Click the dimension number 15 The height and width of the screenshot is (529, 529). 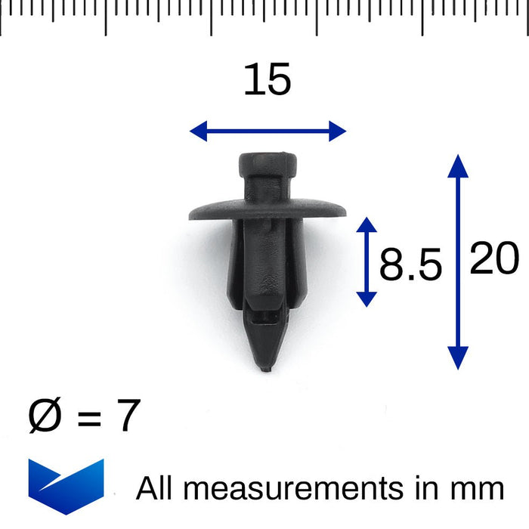pos(267,80)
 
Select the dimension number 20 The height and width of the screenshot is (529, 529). pos(494,259)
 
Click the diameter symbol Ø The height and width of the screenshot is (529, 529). pos(44,416)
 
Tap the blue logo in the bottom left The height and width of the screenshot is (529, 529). pos(66,486)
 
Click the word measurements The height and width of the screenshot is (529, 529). pos(294,489)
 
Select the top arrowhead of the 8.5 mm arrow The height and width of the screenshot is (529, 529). pos(366,225)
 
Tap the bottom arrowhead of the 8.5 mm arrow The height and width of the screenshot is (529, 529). pos(366,299)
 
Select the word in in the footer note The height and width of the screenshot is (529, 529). pos(428,488)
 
